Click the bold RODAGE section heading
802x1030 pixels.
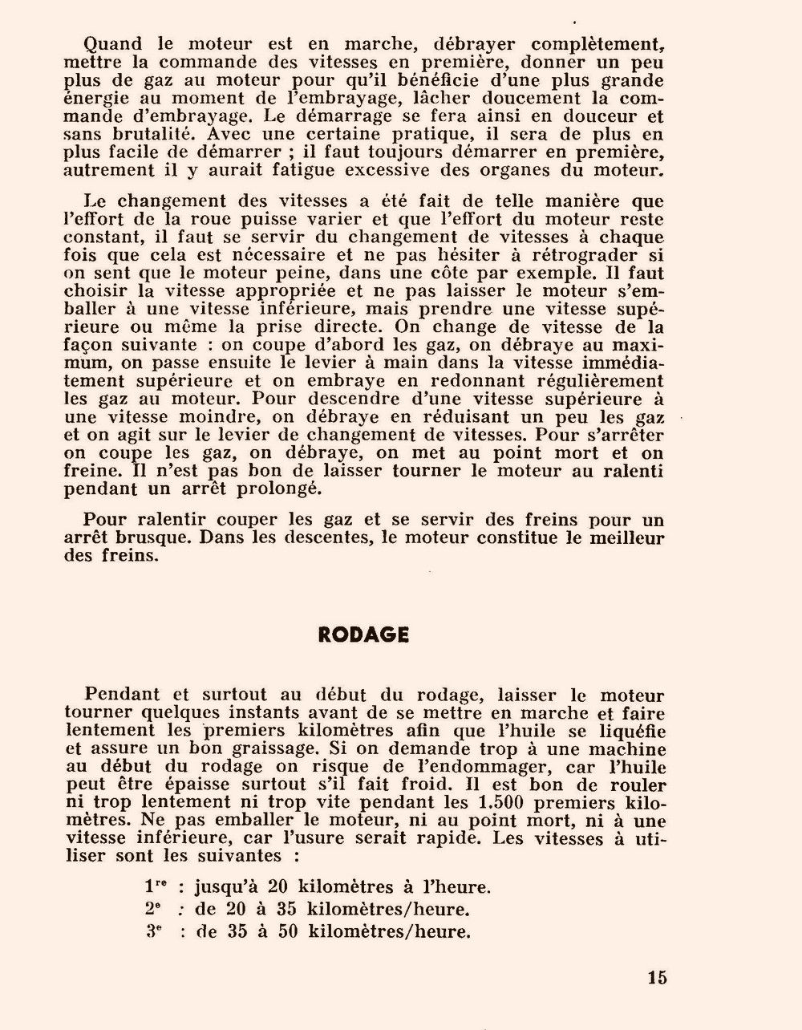coord(363,635)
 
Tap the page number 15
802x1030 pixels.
coord(657,978)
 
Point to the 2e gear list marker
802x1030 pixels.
coord(152,909)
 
